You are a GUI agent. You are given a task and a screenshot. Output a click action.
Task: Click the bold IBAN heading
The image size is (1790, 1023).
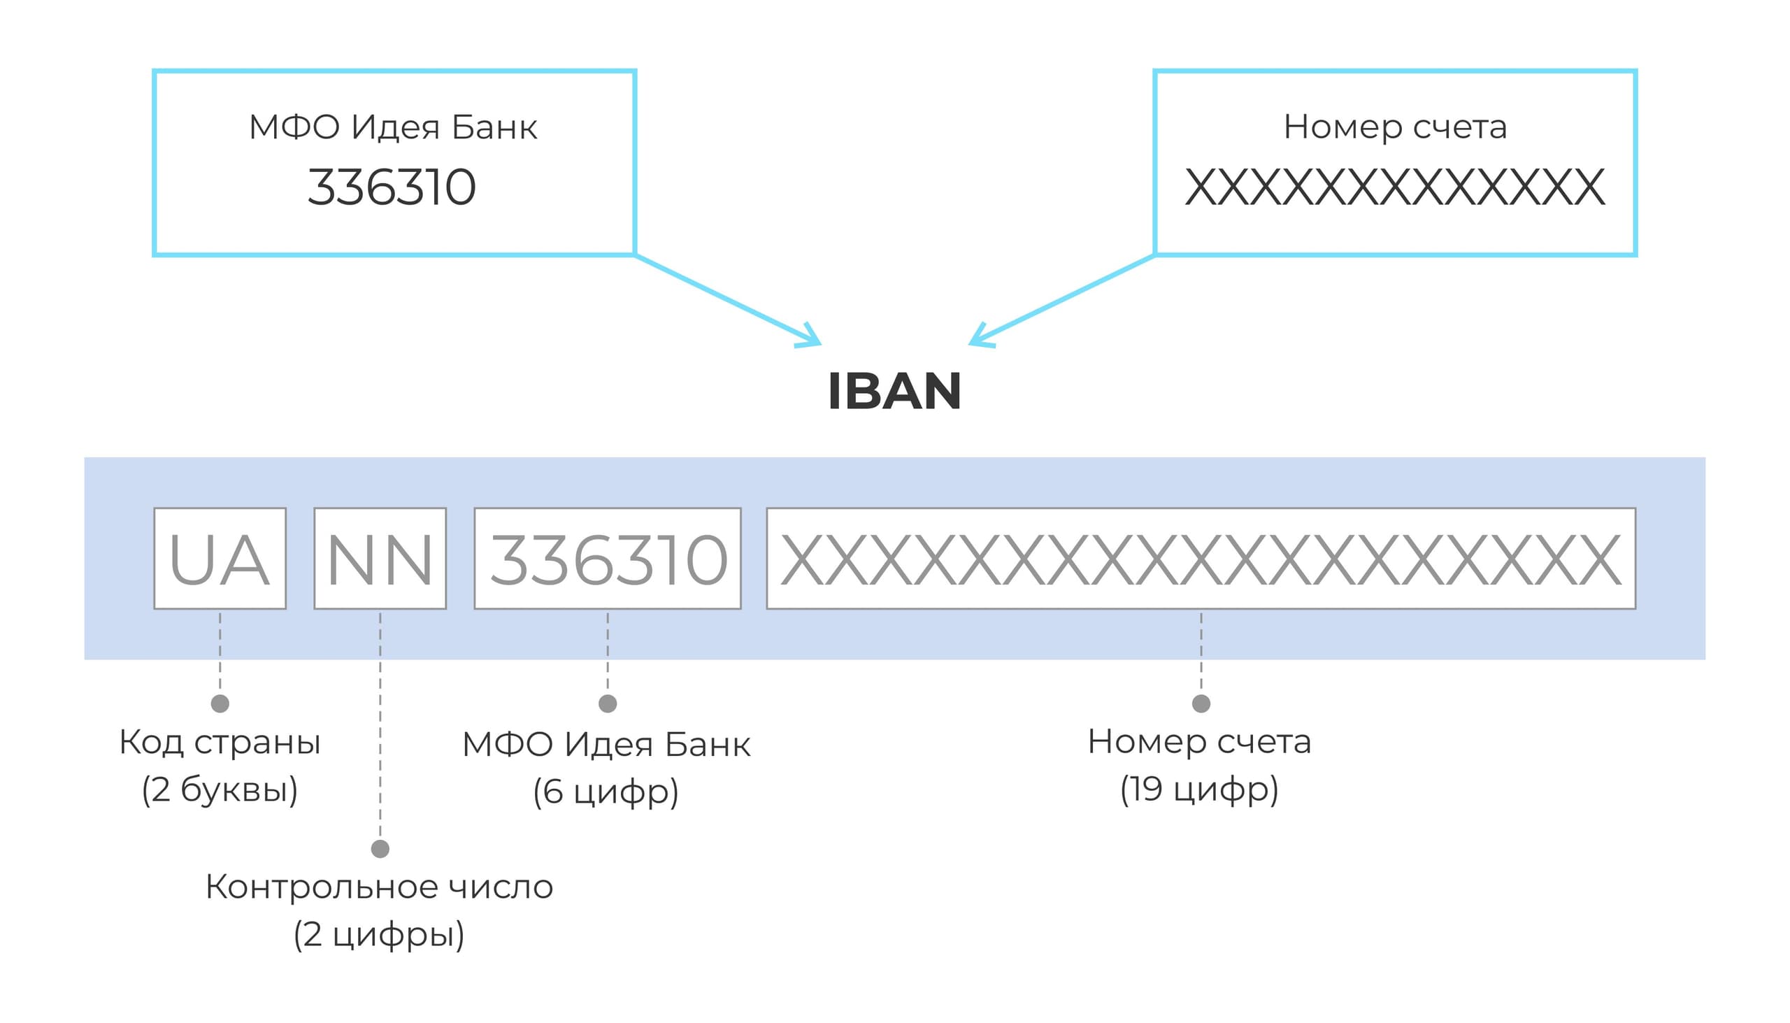894,392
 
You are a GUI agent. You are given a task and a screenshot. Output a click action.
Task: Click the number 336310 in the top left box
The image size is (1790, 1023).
392,187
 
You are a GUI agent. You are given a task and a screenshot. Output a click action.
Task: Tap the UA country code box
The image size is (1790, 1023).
220,559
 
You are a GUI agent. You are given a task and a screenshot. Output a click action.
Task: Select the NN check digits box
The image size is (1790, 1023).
380,559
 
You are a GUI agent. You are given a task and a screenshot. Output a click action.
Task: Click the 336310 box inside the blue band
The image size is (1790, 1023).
608,559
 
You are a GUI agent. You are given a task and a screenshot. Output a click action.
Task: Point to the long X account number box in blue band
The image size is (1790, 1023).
1201,559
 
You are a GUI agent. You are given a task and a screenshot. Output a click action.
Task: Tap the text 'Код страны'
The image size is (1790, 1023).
220,743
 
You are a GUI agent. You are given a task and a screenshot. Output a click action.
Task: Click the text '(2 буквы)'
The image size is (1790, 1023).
220,789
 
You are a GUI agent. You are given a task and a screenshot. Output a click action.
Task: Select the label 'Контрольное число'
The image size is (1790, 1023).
380,887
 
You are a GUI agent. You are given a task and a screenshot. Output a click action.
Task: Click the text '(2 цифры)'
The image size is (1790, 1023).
380,934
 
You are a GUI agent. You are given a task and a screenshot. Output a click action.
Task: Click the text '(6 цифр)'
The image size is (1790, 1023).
606,792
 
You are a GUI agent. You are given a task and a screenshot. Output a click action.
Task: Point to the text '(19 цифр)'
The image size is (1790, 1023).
1199,789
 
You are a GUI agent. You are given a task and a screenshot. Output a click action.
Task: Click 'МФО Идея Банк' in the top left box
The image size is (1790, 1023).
393,127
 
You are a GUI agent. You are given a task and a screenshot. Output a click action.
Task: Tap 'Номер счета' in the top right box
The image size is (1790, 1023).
1395,127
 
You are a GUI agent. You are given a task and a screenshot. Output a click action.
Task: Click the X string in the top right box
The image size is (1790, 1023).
1395,187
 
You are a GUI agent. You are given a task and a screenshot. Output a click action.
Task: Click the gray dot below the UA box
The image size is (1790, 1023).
220,703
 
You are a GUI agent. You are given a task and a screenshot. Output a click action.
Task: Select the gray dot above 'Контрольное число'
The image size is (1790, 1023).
380,849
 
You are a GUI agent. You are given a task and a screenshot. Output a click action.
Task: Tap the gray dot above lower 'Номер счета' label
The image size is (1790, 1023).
1201,703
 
